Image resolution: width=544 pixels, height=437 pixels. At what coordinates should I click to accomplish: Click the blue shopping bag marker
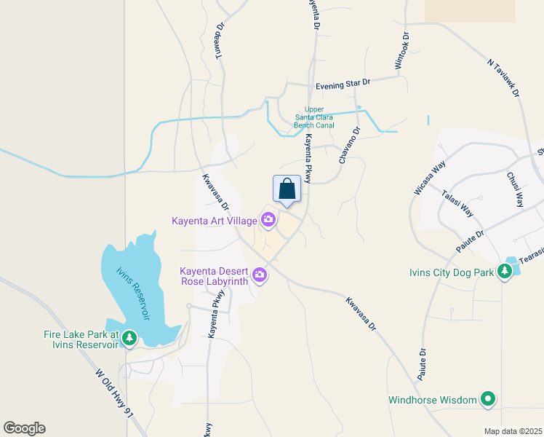click(287, 189)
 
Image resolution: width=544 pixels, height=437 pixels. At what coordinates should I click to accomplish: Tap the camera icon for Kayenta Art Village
click(268, 219)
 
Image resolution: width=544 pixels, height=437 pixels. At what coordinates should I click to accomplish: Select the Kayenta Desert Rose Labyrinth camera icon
click(260, 275)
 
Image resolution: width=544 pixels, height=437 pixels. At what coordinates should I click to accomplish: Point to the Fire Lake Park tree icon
click(129, 337)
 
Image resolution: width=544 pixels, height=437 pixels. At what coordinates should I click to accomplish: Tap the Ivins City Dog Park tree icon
click(504, 272)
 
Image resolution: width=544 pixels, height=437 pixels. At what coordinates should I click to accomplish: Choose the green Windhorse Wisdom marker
click(488, 399)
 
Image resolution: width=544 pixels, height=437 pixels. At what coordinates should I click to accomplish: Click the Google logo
click(24, 428)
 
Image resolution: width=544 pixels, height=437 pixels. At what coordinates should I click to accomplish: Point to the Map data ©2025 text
click(513, 431)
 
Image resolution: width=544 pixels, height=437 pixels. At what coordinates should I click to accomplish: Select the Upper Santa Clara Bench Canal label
click(314, 117)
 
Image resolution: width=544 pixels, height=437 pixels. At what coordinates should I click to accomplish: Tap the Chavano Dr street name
click(348, 145)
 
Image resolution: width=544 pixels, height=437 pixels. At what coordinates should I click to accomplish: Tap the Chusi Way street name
click(514, 189)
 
